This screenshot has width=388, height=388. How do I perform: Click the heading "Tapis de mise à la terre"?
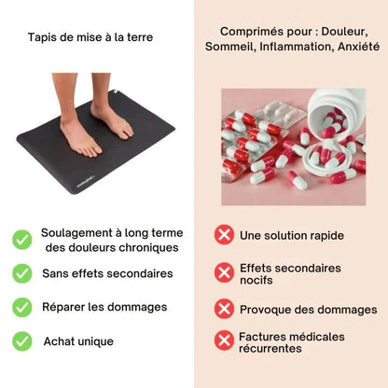tap(90, 37)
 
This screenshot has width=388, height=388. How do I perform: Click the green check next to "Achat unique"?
tap(22, 341)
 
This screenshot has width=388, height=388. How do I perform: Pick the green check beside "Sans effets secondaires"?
tap(22, 273)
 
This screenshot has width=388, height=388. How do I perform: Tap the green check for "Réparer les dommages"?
tap(22, 307)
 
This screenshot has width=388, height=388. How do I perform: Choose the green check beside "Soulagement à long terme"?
tap(22, 240)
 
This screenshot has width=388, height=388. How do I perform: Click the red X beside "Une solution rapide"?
tap(224, 235)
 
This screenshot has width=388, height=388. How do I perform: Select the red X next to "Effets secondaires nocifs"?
tap(224, 272)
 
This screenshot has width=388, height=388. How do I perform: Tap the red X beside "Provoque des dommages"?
tap(224, 309)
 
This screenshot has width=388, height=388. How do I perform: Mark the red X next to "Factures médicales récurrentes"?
tap(224, 340)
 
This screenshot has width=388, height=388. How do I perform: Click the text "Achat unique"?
tap(78, 341)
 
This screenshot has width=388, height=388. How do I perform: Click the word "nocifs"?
tap(256, 281)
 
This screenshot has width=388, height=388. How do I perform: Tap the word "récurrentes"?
tap(270, 349)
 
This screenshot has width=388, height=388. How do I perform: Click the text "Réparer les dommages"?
tap(104, 307)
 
